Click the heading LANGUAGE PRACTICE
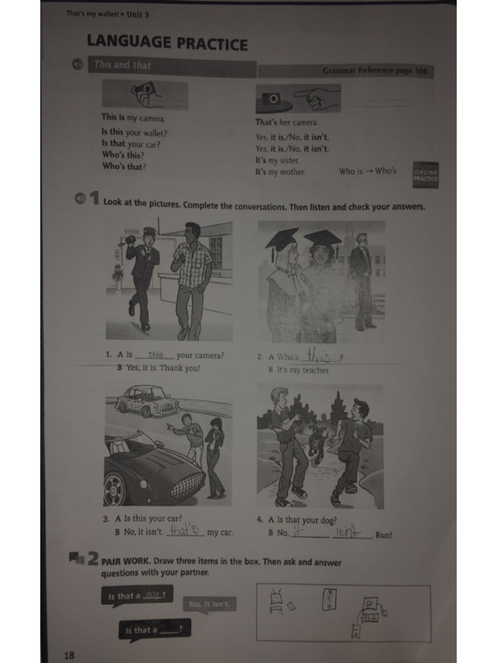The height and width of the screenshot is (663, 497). click(x=167, y=43)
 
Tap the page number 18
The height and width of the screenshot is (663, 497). click(x=69, y=655)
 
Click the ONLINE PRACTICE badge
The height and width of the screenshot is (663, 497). click(x=425, y=175)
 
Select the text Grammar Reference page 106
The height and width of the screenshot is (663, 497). click(x=375, y=71)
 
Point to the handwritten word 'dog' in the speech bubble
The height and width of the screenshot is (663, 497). click(x=153, y=594)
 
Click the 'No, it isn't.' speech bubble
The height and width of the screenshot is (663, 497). click(x=209, y=605)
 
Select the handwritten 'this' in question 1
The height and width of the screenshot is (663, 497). click(x=155, y=354)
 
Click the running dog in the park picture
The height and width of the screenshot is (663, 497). click(x=316, y=444)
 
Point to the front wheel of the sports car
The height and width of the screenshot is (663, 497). click(x=115, y=489)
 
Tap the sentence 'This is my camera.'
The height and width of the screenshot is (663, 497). click(x=133, y=118)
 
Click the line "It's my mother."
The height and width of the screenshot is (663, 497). click(x=280, y=172)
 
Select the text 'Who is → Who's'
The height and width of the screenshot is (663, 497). click(x=367, y=172)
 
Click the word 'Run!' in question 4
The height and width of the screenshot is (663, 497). click(x=383, y=535)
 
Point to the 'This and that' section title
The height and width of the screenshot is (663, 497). click(x=122, y=65)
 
